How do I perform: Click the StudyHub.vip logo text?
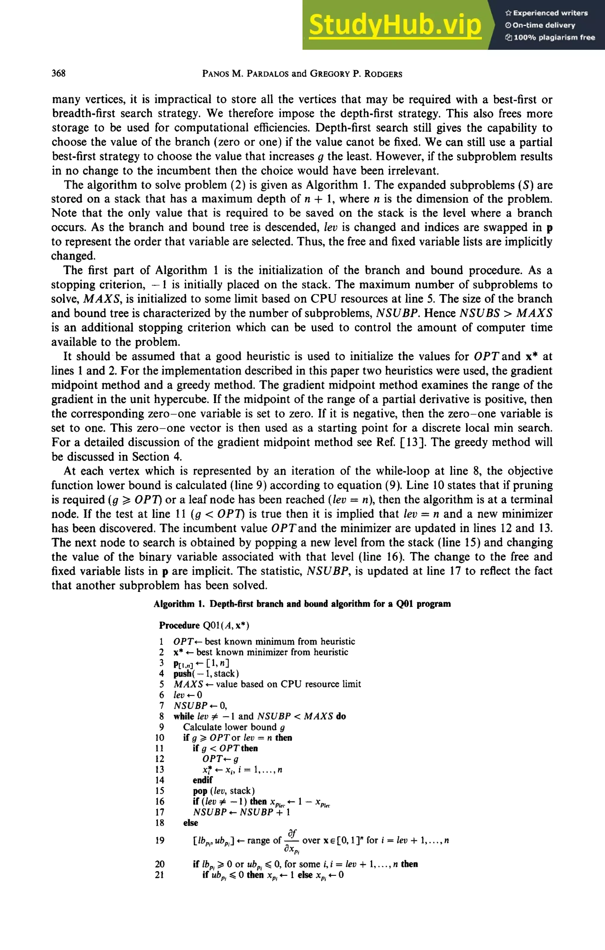[x=395, y=25]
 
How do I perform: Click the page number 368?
[x=58, y=74]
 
